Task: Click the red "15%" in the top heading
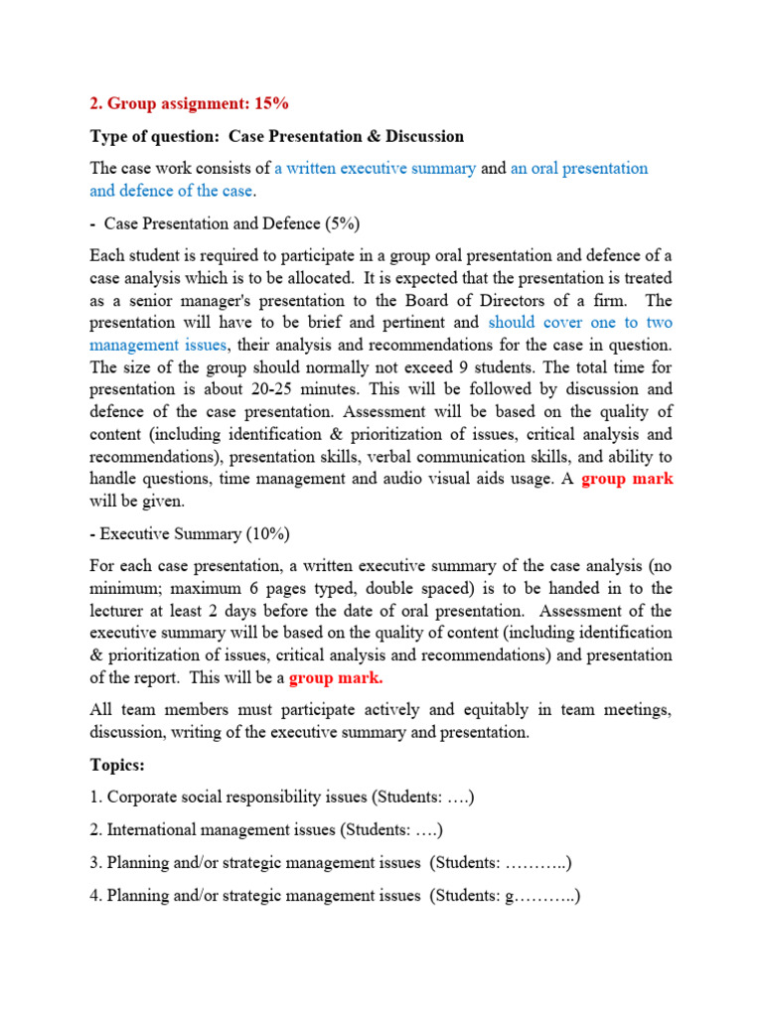[270, 103]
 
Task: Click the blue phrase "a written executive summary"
[376, 169]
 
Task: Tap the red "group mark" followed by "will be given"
[627, 479]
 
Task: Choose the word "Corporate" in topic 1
[144, 797]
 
